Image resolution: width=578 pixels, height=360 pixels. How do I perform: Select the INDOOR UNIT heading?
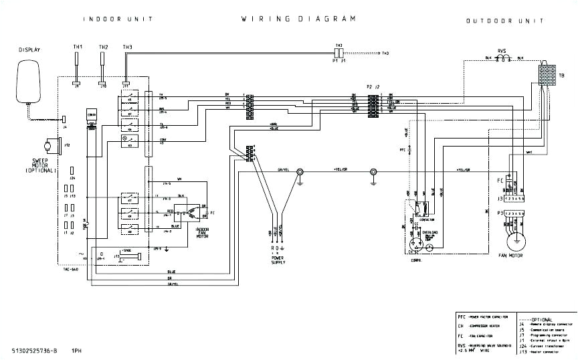(112, 19)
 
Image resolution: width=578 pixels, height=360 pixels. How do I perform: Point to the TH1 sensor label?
(78, 47)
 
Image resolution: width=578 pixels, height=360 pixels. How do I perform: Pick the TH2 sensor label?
(103, 47)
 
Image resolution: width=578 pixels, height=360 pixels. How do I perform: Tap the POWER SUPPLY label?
(278, 260)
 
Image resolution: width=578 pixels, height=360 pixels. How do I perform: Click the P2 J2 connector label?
(373, 87)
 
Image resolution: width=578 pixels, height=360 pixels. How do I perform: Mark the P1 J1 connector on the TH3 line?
(339, 52)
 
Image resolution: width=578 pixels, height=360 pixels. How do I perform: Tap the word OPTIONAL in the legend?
(543, 320)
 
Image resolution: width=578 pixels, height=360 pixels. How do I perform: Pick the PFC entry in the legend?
(462, 316)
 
